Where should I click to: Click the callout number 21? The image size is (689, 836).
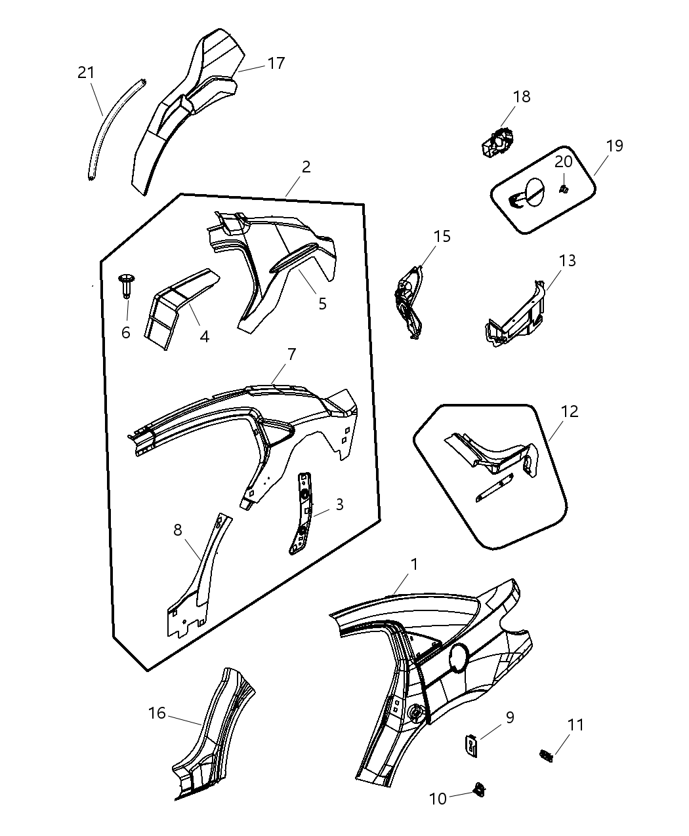(86, 72)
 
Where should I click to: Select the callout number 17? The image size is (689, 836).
(276, 63)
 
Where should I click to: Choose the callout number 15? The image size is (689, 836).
(442, 236)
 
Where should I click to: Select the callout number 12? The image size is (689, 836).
(570, 411)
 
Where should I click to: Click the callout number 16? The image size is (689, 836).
(157, 713)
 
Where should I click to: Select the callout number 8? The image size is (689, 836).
(178, 530)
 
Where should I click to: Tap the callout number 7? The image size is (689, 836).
(291, 355)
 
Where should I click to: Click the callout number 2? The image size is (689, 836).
(306, 167)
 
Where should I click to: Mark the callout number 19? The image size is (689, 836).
(614, 146)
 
